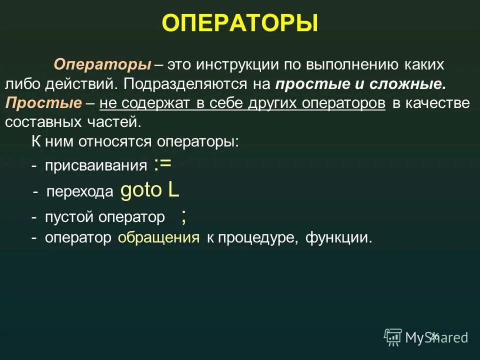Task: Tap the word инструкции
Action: [x=237, y=65]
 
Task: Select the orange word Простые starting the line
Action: [x=43, y=103]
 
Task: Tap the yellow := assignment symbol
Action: [x=163, y=164]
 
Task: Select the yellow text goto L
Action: [x=150, y=190]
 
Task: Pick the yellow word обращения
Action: [x=159, y=237]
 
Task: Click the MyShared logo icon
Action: [x=392, y=337]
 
